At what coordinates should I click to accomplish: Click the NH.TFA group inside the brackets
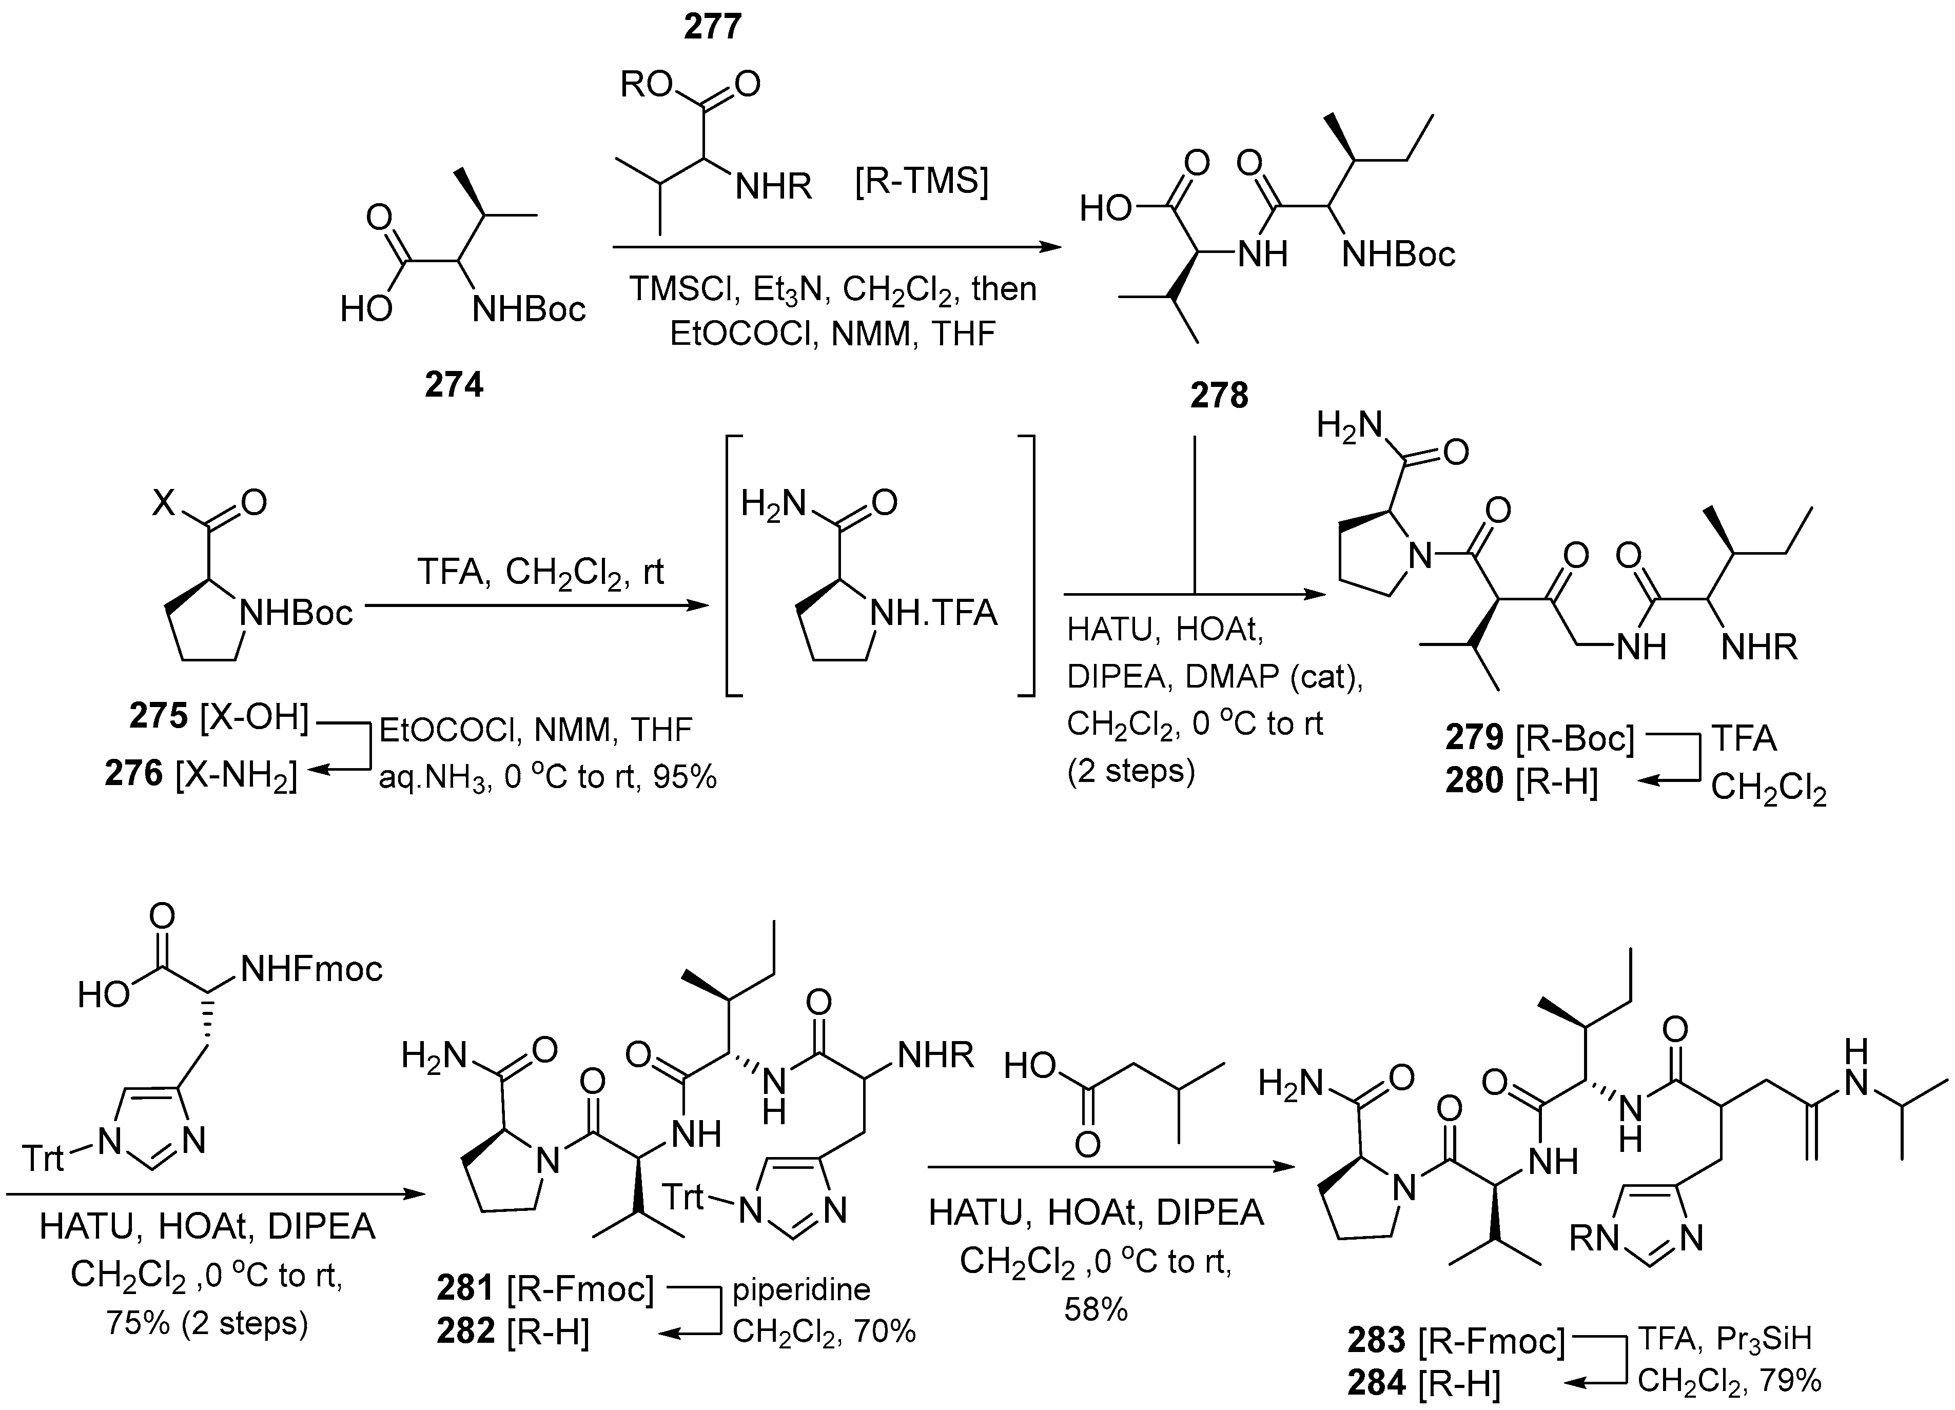[x=933, y=613]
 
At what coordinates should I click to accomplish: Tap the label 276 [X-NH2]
[x=201, y=774]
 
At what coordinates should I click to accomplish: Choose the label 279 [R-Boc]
[x=1539, y=738]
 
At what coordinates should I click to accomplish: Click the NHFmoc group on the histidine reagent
[x=311, y=969]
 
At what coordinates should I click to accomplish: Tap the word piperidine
[x=801, y=1289]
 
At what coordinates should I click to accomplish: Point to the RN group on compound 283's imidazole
[x=1593, y=1239]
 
